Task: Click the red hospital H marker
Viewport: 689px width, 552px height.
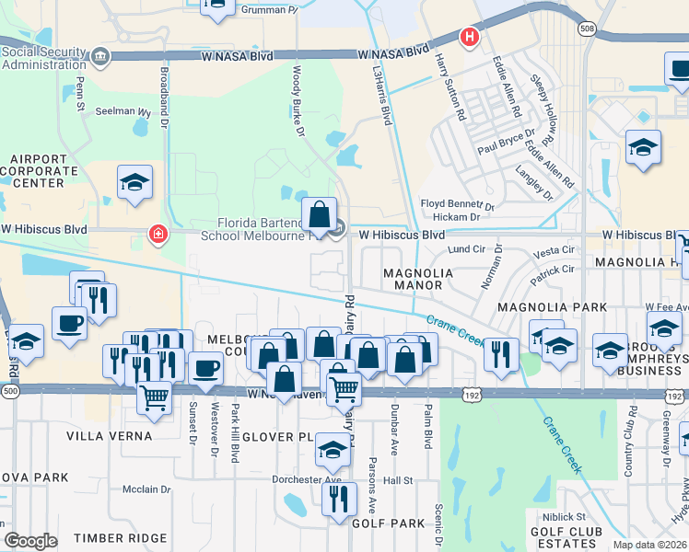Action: click(x=470, y=38)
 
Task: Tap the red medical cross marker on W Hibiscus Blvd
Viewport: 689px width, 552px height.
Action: click(x=159, y=236)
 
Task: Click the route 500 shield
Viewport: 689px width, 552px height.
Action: click(x=9, y=390)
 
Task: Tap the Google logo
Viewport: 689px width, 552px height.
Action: click(x=30, y=541)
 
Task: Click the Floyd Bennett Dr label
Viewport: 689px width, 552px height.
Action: click(x=458, y=204)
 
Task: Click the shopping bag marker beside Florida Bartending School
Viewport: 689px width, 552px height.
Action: click(x=319, y=216)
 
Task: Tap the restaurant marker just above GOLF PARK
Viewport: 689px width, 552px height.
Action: click(x=339, y=500)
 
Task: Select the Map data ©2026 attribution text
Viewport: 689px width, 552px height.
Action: click(x=648, y=545)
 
